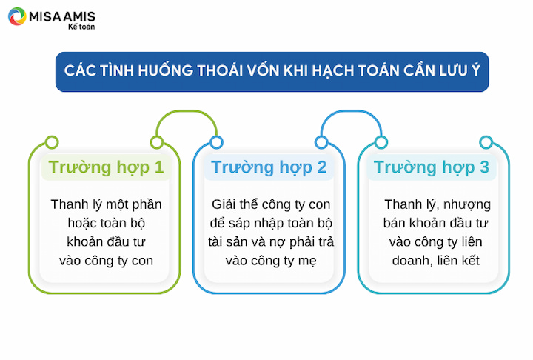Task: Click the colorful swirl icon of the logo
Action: click(17, 16)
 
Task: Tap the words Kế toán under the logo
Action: click(81, 27)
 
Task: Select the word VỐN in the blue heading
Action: click(264, 70)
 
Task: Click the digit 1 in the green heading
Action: click(159, 167)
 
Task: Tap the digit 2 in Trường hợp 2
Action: click(321, 167)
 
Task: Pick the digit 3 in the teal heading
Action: click(484, 167)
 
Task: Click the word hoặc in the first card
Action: click(80, 223)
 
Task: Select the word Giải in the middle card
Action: click(224, 204)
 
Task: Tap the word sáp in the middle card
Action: click(238, 224)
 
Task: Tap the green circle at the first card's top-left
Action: click(52, 142)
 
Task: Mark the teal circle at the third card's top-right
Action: click(486, 142)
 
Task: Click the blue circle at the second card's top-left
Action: click(216, 142)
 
